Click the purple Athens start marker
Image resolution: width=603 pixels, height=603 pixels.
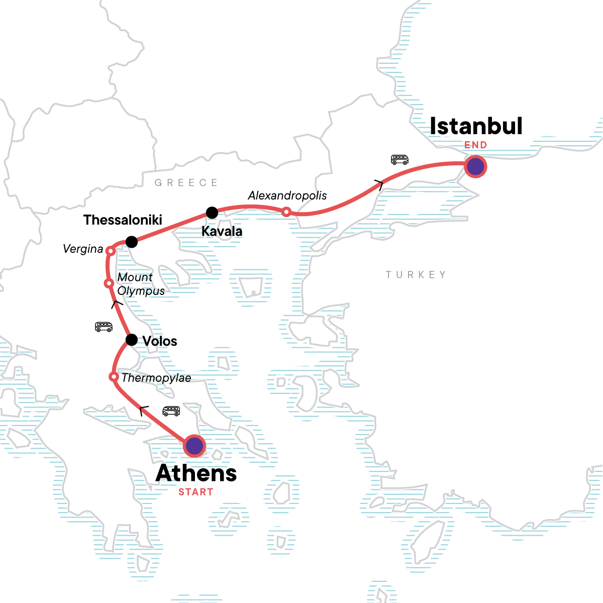tap(194, 446)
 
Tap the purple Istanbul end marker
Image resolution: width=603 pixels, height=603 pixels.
tap(475, 166)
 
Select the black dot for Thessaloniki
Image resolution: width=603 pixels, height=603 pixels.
tap(131, 242)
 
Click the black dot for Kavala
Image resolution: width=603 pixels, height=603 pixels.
tap(212, 213)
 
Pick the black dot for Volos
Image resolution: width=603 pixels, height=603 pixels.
tap(131, 340)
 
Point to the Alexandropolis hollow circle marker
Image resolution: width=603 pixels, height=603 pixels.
tap(286, 212)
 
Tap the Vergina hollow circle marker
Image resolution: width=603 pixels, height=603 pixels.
tap(110, 251)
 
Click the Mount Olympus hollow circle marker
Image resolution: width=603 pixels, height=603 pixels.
tap(108, 283)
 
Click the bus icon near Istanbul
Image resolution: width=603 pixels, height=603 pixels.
tap(399, 160)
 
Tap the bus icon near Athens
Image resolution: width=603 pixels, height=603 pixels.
tap(171, 411)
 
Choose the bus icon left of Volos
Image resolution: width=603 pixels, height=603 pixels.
tap(104, 327)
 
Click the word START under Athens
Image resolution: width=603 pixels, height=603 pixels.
tap(196, 492)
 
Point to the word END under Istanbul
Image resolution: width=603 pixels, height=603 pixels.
tap(475, 145)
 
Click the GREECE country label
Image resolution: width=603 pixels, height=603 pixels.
tap(186, 182)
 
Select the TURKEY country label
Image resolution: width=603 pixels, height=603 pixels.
tap(416, 274)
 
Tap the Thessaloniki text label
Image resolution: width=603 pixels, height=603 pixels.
tap(123, 220)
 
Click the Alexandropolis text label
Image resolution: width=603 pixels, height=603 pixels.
tap(287, 195)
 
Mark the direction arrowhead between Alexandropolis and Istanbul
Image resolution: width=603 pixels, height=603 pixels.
tap(379, 185)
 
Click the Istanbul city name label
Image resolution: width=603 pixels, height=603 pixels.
tap(476, 126)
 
